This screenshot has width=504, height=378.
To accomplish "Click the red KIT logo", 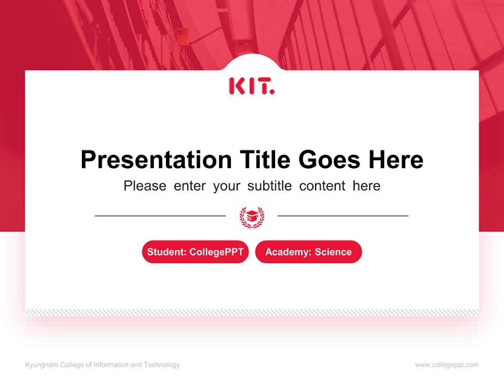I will tap(251, 86).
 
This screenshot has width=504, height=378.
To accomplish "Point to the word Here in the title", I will tap(395, 160).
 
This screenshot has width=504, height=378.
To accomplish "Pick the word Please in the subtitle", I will tap(145, 186).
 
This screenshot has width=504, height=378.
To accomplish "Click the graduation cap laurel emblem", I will tap(251, 216).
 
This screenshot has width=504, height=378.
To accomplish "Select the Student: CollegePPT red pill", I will tap(195, 252).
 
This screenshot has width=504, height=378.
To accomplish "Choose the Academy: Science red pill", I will tap(308, 252).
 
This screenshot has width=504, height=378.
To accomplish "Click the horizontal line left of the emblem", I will tap(160, 216).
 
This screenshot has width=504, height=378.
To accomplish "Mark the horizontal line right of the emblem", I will tap(343, 216).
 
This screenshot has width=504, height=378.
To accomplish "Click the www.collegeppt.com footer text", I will tap(447, 365).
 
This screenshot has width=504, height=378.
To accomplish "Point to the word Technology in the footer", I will tap(162, 365).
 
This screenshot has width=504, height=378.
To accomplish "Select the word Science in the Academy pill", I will tap(333, 252).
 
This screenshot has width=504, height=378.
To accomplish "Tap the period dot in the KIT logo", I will tap(272, 92).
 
